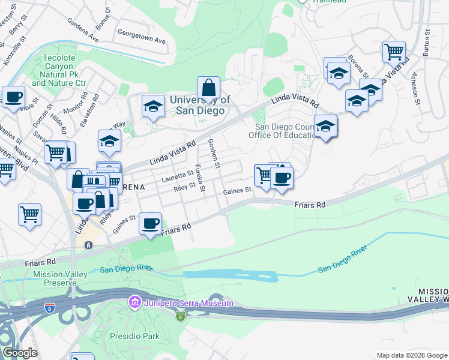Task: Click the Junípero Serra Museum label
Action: tap(188, 303)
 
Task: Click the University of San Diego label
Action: tap(200, 105)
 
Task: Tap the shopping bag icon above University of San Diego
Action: tap(208, 88)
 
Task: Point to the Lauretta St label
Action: tap(177, 176)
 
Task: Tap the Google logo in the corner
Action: tap(19, 353)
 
